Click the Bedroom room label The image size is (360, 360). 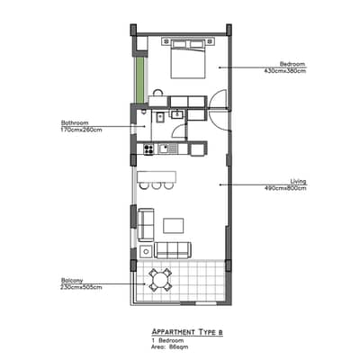click(292, 64)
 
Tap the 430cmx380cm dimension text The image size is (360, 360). click(285, 71)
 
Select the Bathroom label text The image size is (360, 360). click(75, 122)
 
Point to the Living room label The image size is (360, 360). click(298, 181)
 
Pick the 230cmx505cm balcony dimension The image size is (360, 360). click(81, 287)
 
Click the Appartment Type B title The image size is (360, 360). click(187, 332)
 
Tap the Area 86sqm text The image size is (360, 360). click(170, 347)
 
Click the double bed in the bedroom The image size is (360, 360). click(188, 59)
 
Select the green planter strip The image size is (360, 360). click(139, 80)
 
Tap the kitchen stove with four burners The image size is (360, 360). click(148, 149)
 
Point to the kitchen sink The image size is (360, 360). click(167, 148)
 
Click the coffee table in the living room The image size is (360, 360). click(174, 226)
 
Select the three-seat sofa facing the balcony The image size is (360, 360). click(173, 250)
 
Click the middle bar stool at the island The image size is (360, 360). click(157, 185)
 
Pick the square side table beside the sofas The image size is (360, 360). click(146, 251)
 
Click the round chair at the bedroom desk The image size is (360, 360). click(157, 92)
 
